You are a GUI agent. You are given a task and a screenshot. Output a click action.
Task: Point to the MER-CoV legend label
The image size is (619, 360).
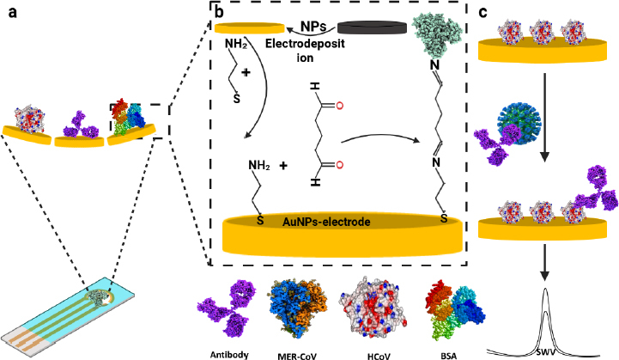(298, 352)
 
